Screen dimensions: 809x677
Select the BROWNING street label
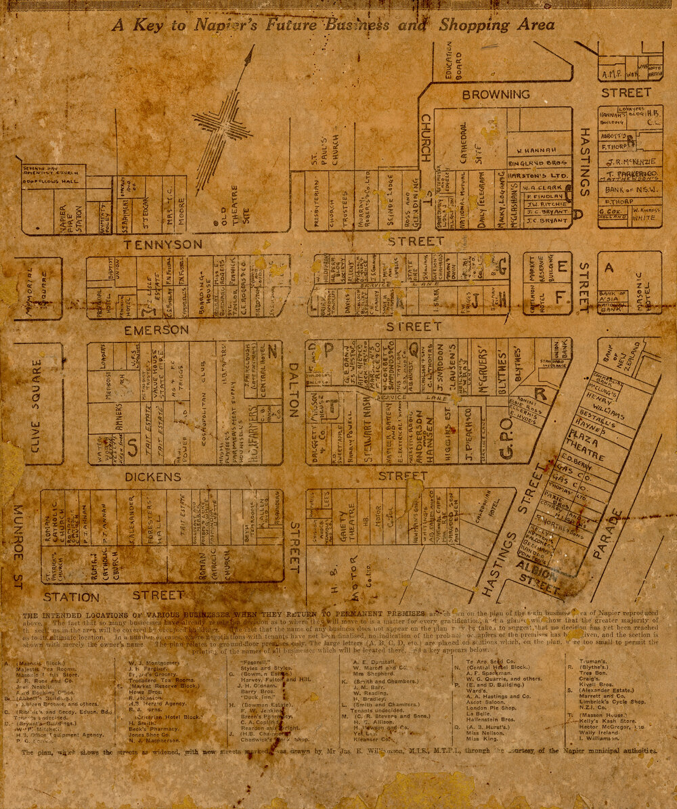(x=496, y=95)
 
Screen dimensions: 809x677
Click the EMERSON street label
(x=156, y=330)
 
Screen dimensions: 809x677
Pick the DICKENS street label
(x=153, y=477)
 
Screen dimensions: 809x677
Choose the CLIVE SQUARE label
(x=36, y=403)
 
